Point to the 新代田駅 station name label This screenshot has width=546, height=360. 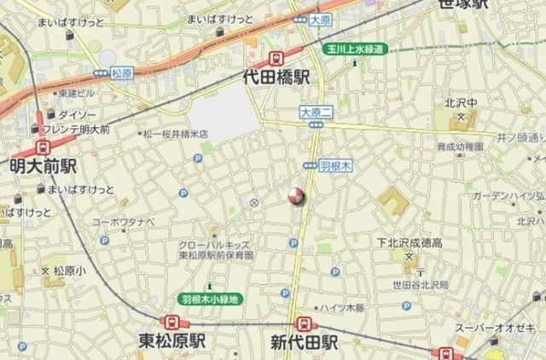305,342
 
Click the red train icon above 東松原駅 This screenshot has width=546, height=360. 173,323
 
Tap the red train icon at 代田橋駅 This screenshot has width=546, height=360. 276,58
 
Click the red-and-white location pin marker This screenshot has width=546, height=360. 296,196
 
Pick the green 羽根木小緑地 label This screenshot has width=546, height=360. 211,299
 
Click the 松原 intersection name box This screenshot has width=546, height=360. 122,74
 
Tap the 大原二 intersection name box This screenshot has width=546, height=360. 314,110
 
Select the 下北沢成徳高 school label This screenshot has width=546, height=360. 411,242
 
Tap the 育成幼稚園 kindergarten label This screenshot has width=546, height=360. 460,147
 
